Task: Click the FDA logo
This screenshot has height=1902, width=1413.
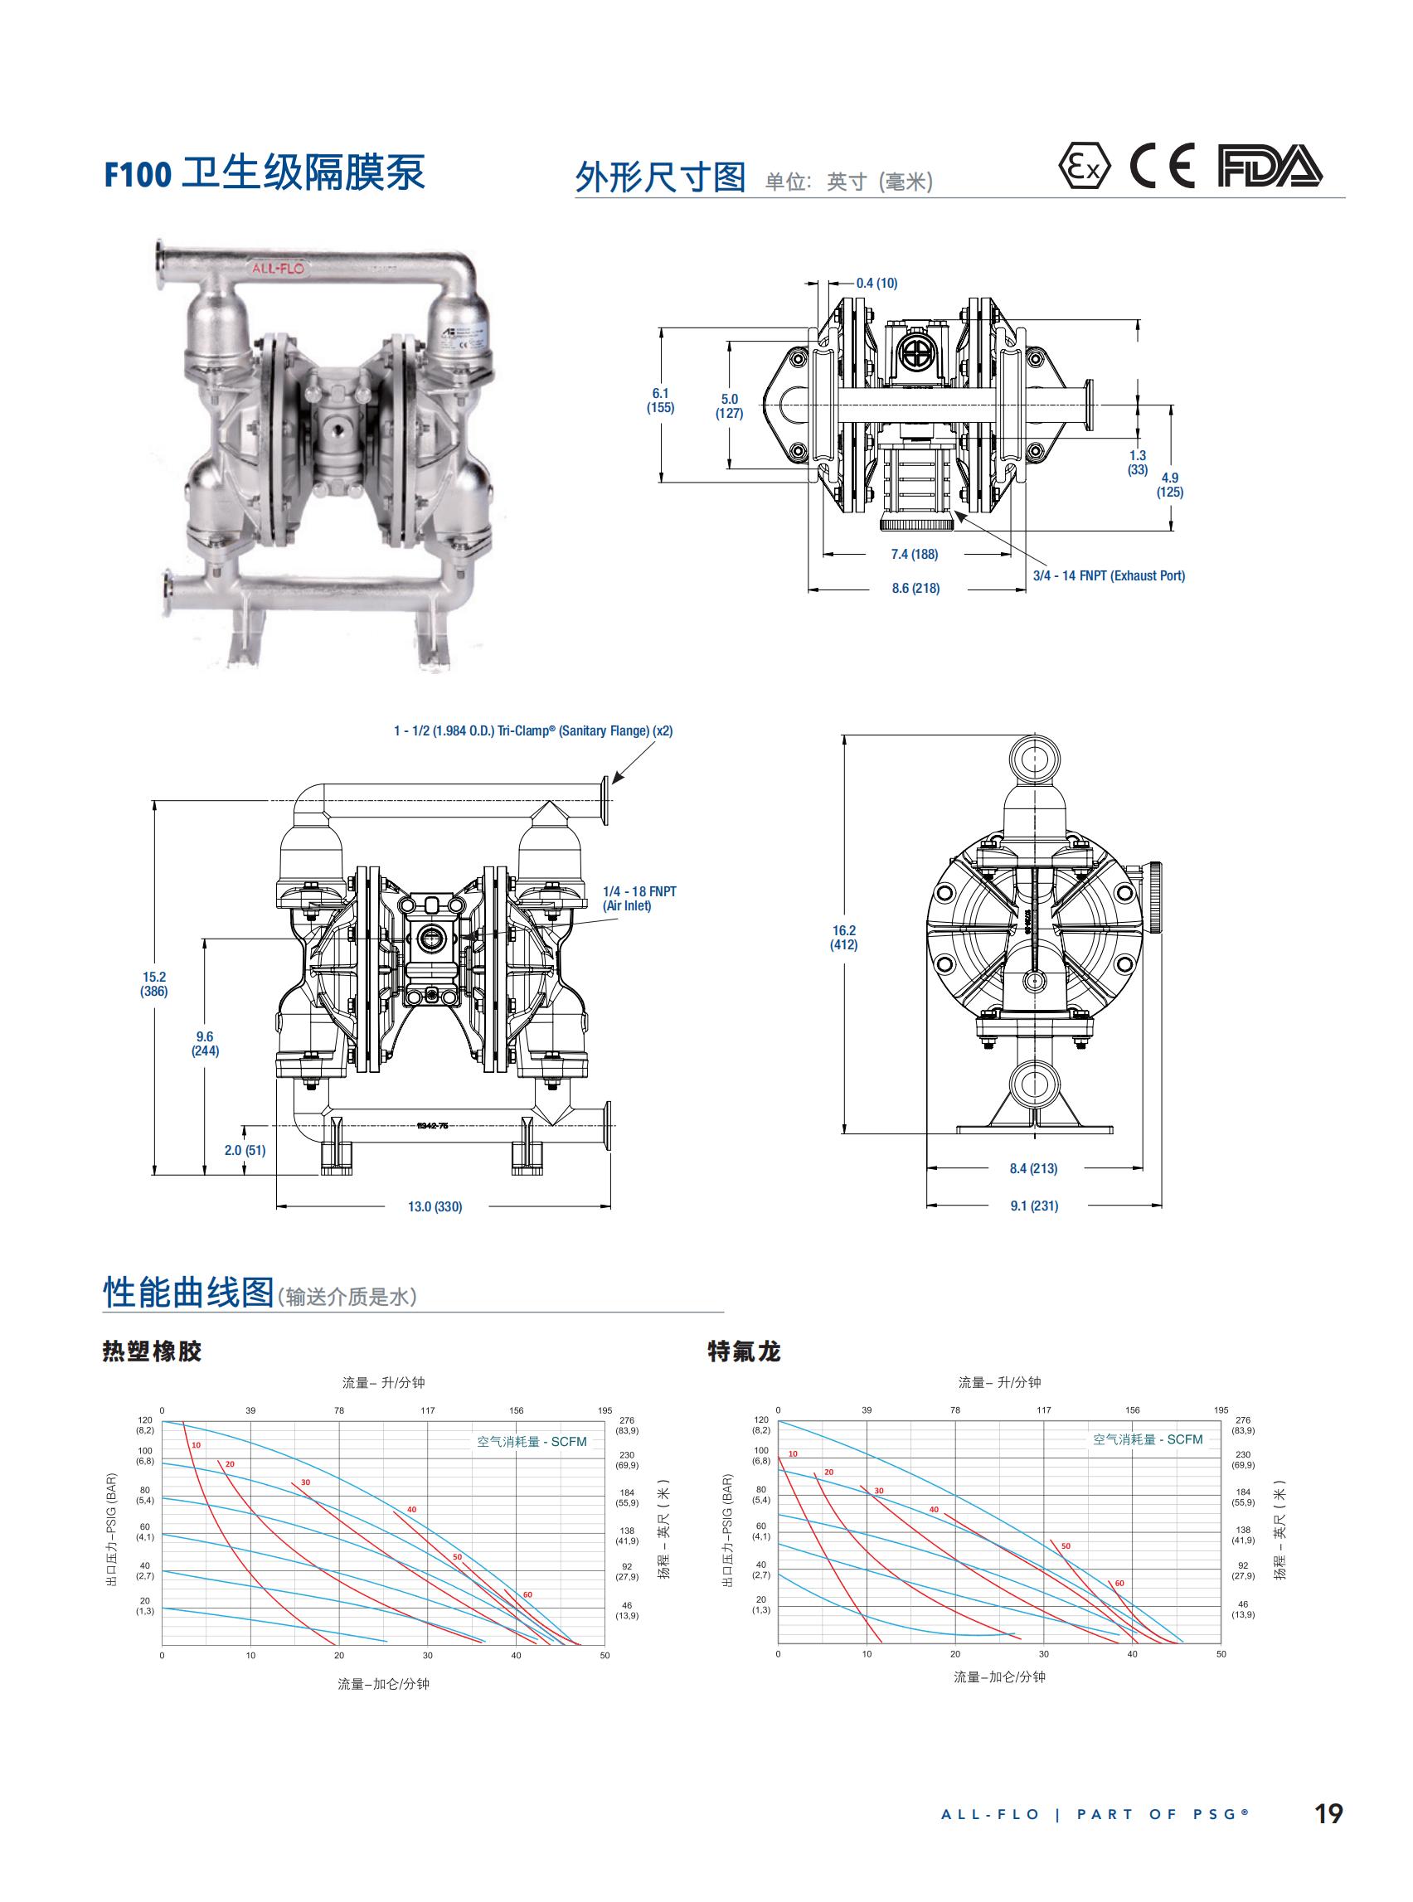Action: [x=1270, y=167]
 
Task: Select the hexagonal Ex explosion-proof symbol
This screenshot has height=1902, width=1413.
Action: [x=1084, y=167]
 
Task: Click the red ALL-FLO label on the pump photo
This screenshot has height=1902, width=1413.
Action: [x=277, y=268]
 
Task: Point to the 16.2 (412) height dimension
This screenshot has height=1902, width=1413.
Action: [x=843, y=937]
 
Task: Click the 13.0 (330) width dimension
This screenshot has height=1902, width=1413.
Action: [x=435, y=1206]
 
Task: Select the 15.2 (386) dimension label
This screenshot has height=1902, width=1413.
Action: [x=155, y=983]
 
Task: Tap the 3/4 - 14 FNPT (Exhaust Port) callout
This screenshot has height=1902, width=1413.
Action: [x=1109, y=575]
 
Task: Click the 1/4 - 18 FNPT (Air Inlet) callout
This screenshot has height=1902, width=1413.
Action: [x=639, y=898]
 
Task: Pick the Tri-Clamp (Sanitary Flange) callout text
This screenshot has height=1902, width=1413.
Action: [x=533, y=730]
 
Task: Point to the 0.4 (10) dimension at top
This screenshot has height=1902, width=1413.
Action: [x=876, y=283]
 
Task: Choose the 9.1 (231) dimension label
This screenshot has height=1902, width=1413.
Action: [x=1034, y=1206]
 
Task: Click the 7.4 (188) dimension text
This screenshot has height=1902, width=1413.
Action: [x=915, y=554]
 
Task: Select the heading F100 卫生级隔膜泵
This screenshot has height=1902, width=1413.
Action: [x=265, y=173]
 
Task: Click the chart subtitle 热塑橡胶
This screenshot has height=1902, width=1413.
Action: [x=153, y=1351]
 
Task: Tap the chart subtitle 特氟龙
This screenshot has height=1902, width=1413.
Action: [x=744, y=1351]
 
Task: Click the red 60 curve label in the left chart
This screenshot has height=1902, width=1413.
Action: [x=527, y=1595]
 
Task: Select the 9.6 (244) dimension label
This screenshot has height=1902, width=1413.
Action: [x=206, y=1043]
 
